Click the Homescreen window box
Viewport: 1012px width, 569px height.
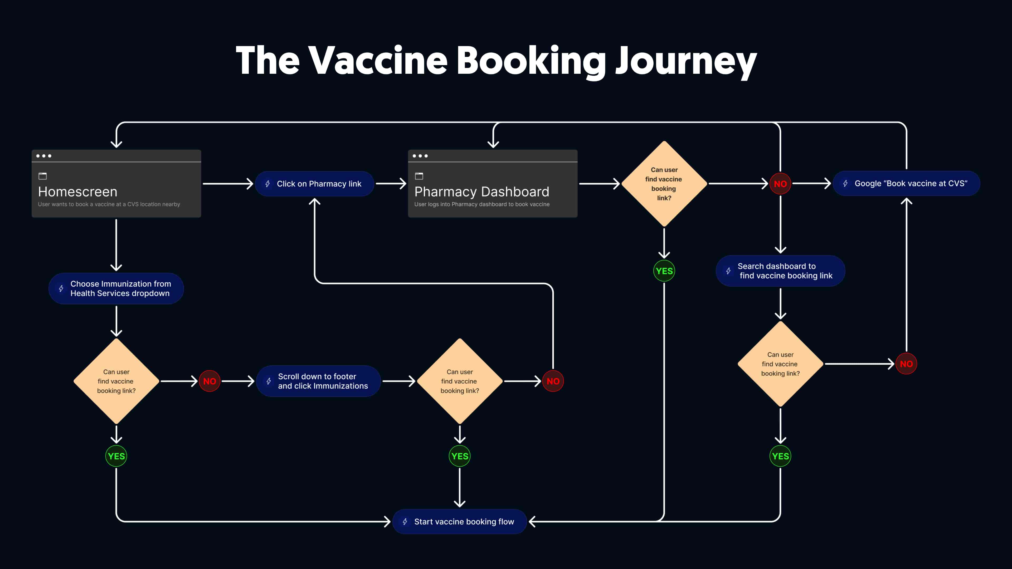click(x=116, y=183)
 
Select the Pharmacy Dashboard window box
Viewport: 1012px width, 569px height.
click(x=493, y=183)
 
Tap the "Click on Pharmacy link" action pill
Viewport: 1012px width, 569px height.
click(x=314, y=184)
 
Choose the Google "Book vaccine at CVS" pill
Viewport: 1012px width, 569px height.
click(x=906, y=183)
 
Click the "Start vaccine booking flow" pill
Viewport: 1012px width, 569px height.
click(x=459, y=522)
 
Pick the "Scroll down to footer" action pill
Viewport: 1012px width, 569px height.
click(x=318, y=381)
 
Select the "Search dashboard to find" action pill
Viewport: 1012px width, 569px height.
click(x=780, y=271)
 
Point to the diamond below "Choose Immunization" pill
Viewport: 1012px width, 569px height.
click(x=116, y=381)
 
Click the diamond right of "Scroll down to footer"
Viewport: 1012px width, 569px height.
click(x=460, y=381)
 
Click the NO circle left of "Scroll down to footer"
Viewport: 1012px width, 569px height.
click(x=210, y=381)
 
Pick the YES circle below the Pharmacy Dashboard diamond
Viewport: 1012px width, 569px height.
click(x=664, y=271)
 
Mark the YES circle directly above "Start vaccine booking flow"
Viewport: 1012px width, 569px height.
click(x=460, y=456)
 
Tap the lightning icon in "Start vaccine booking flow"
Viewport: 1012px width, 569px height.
click(x=405, y=522)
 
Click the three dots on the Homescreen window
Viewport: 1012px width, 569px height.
click(x=43, y=156)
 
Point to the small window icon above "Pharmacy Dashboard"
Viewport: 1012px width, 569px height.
click(x=419, y=176)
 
